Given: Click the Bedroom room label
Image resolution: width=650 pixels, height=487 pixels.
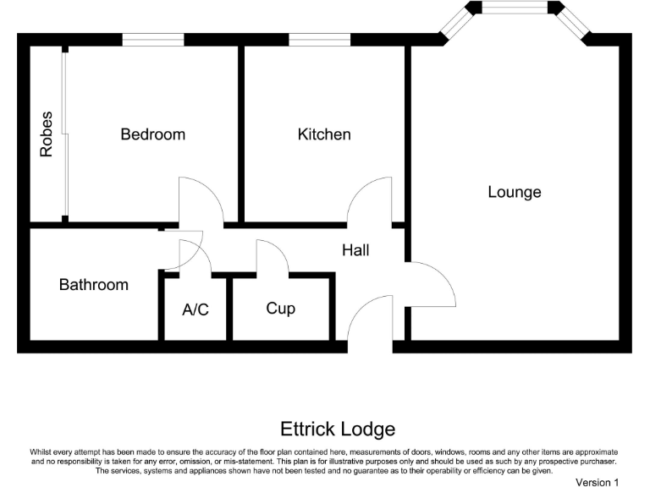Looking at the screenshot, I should (x=152, y=134).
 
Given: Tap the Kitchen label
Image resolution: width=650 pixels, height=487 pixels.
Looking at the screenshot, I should (x=324, y=134).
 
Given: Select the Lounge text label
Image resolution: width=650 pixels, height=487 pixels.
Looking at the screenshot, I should (x=514, y=192).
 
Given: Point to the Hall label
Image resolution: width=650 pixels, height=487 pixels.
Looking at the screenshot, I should (x=355, y=250).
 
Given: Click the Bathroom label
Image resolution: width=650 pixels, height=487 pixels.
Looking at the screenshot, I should (x=94, y=285).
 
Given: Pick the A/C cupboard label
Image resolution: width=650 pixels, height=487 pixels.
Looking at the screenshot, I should (x=196, y=309).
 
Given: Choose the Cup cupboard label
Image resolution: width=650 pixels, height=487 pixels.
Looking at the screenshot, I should (x=281, y=309).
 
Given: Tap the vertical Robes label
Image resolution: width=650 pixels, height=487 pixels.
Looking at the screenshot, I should (x=47, y=134).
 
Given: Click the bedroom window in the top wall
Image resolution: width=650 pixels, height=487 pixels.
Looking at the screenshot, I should (x=152, y=39).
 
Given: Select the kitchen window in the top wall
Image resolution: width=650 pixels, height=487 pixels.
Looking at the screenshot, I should (x=319, y=39).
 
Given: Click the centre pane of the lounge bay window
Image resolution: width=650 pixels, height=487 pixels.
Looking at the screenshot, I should (x=515, y=8).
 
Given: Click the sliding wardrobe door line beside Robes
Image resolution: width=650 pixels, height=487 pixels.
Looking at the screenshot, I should (x=64, y=134).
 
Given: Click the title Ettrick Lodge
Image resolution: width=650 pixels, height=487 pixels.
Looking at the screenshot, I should (x=326, y=430).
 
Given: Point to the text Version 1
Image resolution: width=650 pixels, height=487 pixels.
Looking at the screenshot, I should (x=597, y=482).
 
